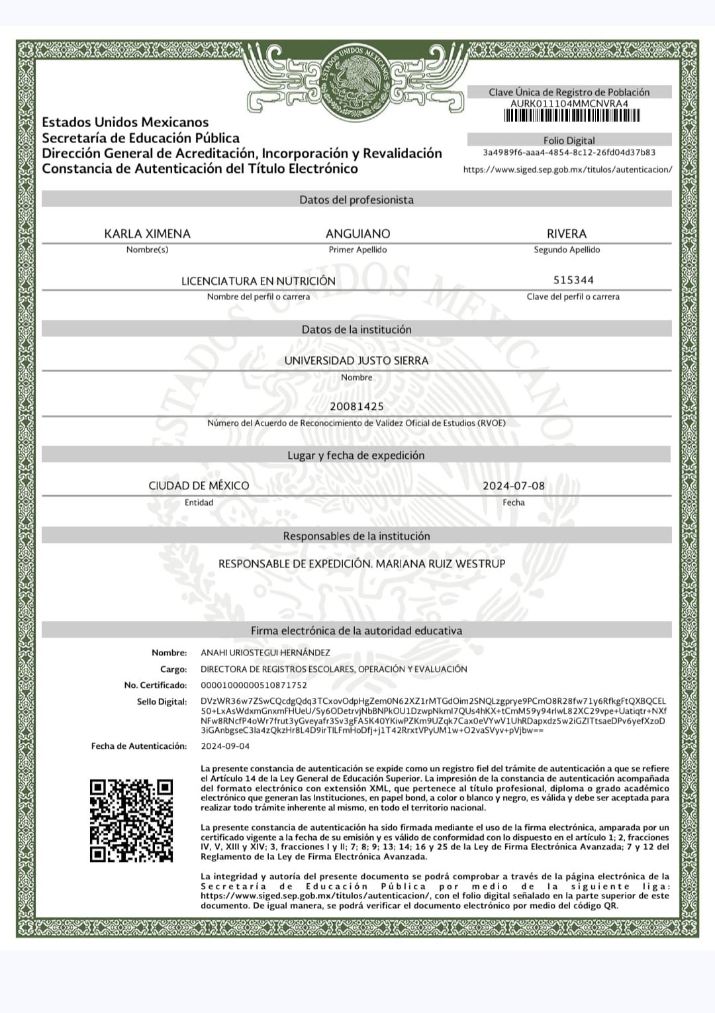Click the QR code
pyautogui.click(x=131, y=821)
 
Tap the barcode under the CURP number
pyautogui.click(x=572, y=116)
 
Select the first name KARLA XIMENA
pyautogui.click(x=147, y=234)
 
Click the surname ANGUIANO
pyautogui.click(x=358, y=234)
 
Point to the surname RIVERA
pyautogui.click(x=567, y=234)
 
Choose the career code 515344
pyautogui.click(x=573, y=280)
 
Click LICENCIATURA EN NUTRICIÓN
pyautogui.click(x=258, y=281)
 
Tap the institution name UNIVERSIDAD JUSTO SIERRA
pyautogui.click(x=356, y=361)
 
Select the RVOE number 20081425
pyautogui.click(x=356, y=407)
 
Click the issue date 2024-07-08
pyautogui.click(x=514, y=486)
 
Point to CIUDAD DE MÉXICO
pyautogui.click(x=199, y=486)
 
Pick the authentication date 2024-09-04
pyautogui.click(x=225, y=746)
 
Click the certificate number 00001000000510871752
pyautogui.click(x=254, y=685)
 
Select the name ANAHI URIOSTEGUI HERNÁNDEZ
pyautogui.click(x=265, y=653)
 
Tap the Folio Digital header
pyautogui.click(x=569, y=140)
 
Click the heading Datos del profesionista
pyautogui.click(x=356, y=200)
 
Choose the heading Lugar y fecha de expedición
pyautogui.click(x=356, y=456)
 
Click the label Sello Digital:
pyautogui.click(x=162, y=702)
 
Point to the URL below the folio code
pyautogui.click(x=567, y=169)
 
